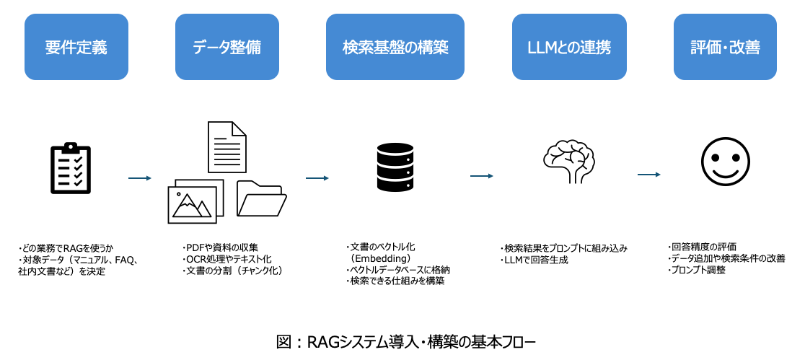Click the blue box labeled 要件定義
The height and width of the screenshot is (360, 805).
(x=76, y=48)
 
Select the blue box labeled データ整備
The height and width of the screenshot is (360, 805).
(x=227, y=48)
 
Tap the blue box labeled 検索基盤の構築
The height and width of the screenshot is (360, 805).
(x=396, y=48)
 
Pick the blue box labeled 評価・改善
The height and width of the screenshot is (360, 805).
(x=725, y=48)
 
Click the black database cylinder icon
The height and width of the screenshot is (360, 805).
(x=395, y=167)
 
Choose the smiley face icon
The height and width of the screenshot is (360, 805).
(x=723, y=161)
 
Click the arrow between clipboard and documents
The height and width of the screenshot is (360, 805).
(x=139, y=177)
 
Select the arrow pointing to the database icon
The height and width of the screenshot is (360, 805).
(x=317, y=177)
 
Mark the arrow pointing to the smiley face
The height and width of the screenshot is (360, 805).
(x=649, y=175)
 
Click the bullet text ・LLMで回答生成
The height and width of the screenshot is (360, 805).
(x=534, y=260)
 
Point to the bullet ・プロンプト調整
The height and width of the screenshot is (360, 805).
(x=696, y=270)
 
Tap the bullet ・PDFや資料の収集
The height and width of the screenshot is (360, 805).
(x=221, y=247)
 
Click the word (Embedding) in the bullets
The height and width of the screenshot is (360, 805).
(x=380, y=258)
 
